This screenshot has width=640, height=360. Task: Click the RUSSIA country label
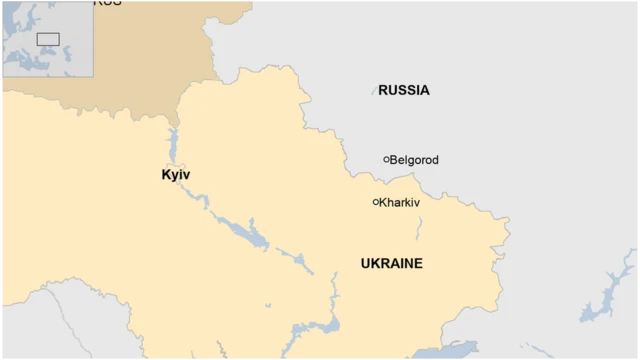pos(404,90)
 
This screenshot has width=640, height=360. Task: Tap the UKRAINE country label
pos(391,264)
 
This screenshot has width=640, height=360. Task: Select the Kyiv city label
pos(175,175)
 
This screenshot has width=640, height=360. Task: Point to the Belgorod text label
pos(414,160)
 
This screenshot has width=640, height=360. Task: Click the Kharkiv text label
pos(400,202)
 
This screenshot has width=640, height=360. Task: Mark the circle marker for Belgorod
pos(386,159)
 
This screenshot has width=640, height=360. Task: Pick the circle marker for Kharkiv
pos(376,202)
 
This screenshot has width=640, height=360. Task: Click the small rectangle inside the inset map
pos(48,39)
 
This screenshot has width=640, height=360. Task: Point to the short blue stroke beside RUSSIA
pos(375,91)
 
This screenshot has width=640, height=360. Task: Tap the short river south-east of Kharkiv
pos(418,229)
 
